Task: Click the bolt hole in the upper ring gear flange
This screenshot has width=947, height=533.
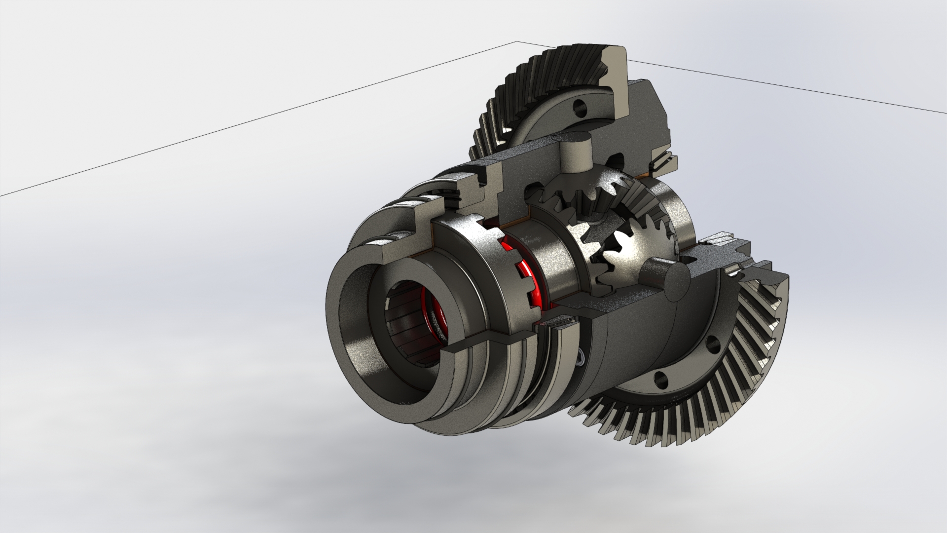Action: (x=581, y=106)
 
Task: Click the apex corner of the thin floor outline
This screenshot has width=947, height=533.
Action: (x=516, y=42)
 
